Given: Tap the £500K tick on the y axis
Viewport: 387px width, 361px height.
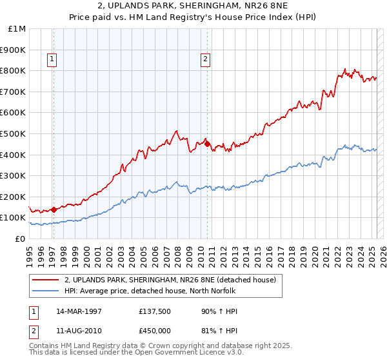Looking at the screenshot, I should point(13,133).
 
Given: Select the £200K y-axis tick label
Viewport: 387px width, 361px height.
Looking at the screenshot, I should point(13,197).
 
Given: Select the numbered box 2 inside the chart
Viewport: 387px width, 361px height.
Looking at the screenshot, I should point(205,60).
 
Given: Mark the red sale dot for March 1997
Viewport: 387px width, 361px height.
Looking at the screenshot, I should point(54,210).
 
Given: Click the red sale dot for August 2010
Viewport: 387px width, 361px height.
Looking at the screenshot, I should point(207,144).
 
